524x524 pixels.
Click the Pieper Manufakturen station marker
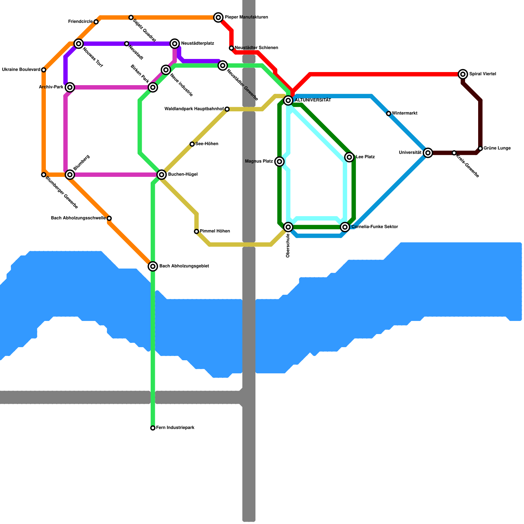pos(218,17)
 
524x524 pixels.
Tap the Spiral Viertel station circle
pos(463,74)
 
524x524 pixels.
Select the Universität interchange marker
pos(428,153)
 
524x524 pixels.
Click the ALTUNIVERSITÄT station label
pos(312,100)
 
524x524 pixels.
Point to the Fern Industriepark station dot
pos(153,428)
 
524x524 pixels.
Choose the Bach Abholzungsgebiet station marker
pos(153,266)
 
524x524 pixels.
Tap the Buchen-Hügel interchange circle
pos(161,175)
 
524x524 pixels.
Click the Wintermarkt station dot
pos(389,114)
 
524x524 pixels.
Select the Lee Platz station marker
pos(349,157)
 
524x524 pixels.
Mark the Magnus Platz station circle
pos(279,161)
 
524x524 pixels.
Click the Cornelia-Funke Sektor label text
pos(374,227)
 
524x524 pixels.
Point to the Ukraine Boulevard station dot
pos(44,70)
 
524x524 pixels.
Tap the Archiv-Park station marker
pos(70,87)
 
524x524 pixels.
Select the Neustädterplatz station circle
pos(175,44)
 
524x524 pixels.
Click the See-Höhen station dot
pos(192,144)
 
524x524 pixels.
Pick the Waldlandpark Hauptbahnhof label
pos(194,109)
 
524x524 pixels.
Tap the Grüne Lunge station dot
pos(480,148)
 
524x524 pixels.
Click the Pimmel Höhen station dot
pos(196,232)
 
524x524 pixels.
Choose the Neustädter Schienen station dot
pos(232,48)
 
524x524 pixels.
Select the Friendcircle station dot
pos(96,22)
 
